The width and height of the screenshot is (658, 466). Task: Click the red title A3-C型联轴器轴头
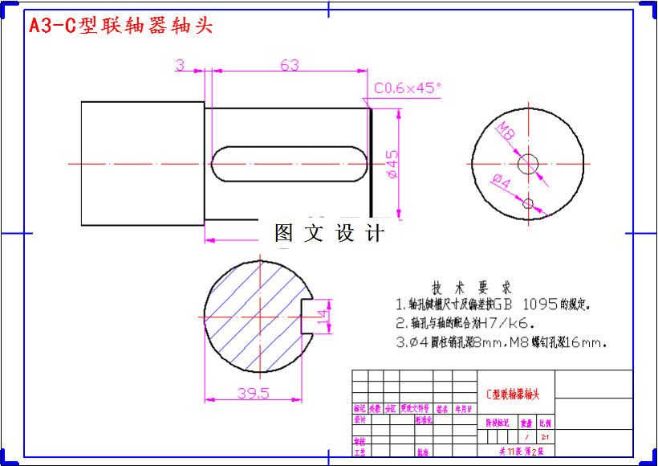coord(121,26)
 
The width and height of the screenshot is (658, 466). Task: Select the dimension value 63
coord(290,64)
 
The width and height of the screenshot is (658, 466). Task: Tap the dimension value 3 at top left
coord(180,64)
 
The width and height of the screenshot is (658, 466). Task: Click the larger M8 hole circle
coord(527,163)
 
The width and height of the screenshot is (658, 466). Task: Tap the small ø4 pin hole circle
coord(527,203)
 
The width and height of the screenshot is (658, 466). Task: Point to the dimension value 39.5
coord(253,393)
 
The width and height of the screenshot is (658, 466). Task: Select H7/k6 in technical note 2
coord(506,324)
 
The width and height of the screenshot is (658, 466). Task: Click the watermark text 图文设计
coord(329,234)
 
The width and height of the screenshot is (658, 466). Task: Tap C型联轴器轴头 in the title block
coord(514,394)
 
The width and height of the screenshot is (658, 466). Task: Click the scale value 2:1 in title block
coord(546,437)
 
